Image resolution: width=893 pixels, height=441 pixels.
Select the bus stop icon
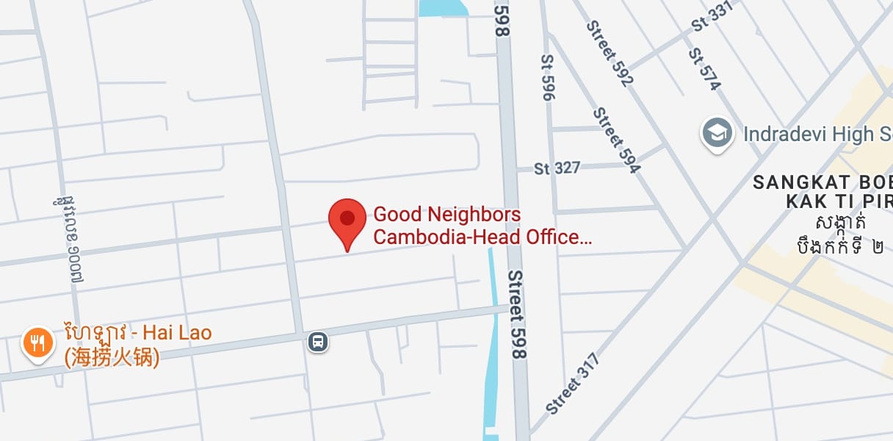coord(318,342)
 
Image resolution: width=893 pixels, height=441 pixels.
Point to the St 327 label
coord(557,168)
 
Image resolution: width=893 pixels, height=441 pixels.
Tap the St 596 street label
coord(547,77)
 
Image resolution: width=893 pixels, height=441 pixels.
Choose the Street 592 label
coord(610,53)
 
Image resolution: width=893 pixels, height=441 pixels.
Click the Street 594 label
coord(617,140)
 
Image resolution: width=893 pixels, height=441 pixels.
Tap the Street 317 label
coord(573,383)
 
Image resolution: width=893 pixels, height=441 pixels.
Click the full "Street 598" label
coord(518,314)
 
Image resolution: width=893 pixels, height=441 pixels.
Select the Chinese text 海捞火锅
coord(112,358)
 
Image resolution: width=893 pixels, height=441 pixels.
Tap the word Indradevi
coord(787,134)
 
